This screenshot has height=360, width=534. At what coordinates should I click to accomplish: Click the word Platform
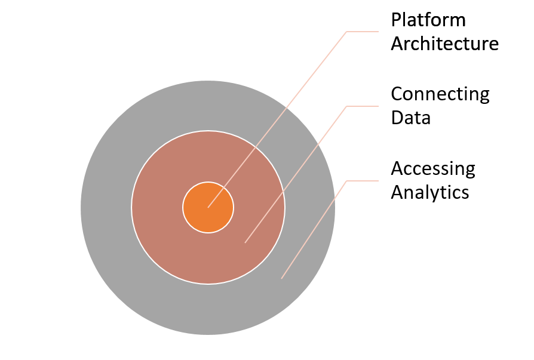(x=428, y=20)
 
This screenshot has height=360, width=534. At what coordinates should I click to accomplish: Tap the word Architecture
(x=444, y=44)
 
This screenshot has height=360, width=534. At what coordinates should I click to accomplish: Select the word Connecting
(x=440, y=94)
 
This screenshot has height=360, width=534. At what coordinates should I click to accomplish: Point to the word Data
(x=410, y=118)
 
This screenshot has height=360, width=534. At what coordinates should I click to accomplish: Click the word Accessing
(x=433, y=169)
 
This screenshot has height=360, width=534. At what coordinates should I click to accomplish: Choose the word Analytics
(x=430, y=192)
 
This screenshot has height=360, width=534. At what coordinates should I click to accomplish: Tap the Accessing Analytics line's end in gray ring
(x=281, y=278)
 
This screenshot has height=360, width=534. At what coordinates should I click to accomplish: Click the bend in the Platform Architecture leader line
(x=347, y=32)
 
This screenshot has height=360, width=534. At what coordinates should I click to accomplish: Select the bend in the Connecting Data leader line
(x=347, y=106)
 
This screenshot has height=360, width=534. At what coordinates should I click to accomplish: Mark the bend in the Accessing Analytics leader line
(x=347, y=181)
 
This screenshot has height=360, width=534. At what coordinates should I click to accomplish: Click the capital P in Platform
(x=396, y=20)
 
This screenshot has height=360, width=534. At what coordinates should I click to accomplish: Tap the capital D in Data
(x=397, y=118)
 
